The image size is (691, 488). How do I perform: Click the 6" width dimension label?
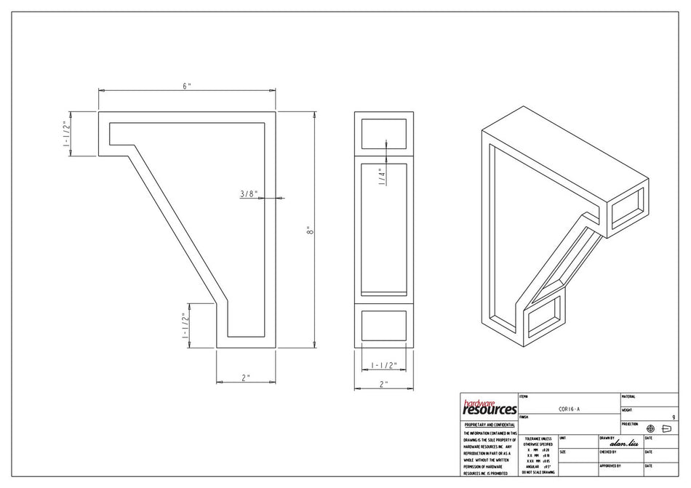(187, 86)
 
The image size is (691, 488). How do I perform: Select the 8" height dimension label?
(310, 231)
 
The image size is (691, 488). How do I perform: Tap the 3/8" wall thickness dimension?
(249, 193)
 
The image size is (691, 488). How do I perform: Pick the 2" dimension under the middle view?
(383, 384)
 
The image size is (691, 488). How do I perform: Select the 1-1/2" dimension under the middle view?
(383, 365)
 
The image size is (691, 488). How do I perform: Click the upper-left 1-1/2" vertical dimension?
(67, 133)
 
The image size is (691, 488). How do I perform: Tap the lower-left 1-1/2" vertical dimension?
(185, 325)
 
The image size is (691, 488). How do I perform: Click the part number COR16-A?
(569, 409)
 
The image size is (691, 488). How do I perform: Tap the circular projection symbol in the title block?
(650, 428)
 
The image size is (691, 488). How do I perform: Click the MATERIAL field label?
(628, 396)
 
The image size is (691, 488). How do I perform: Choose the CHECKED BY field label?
(608, 452)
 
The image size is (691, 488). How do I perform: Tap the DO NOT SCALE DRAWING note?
(538, 472)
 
